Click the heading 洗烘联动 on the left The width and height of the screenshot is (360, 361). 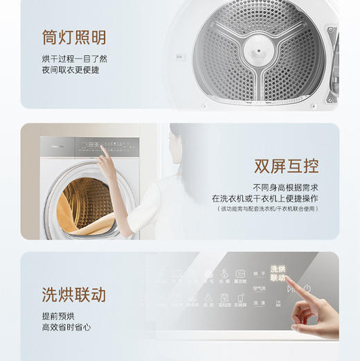point(73,295)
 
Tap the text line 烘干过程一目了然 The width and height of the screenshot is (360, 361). point(74,60)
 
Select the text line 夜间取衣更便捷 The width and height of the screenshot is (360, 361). point(70,71)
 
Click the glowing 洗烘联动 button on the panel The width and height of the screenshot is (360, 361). point(278,272)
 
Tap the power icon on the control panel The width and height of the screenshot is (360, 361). point(307,288)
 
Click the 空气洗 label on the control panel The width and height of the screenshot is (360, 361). point(260,288)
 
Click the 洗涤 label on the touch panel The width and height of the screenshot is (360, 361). point(259,303)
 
